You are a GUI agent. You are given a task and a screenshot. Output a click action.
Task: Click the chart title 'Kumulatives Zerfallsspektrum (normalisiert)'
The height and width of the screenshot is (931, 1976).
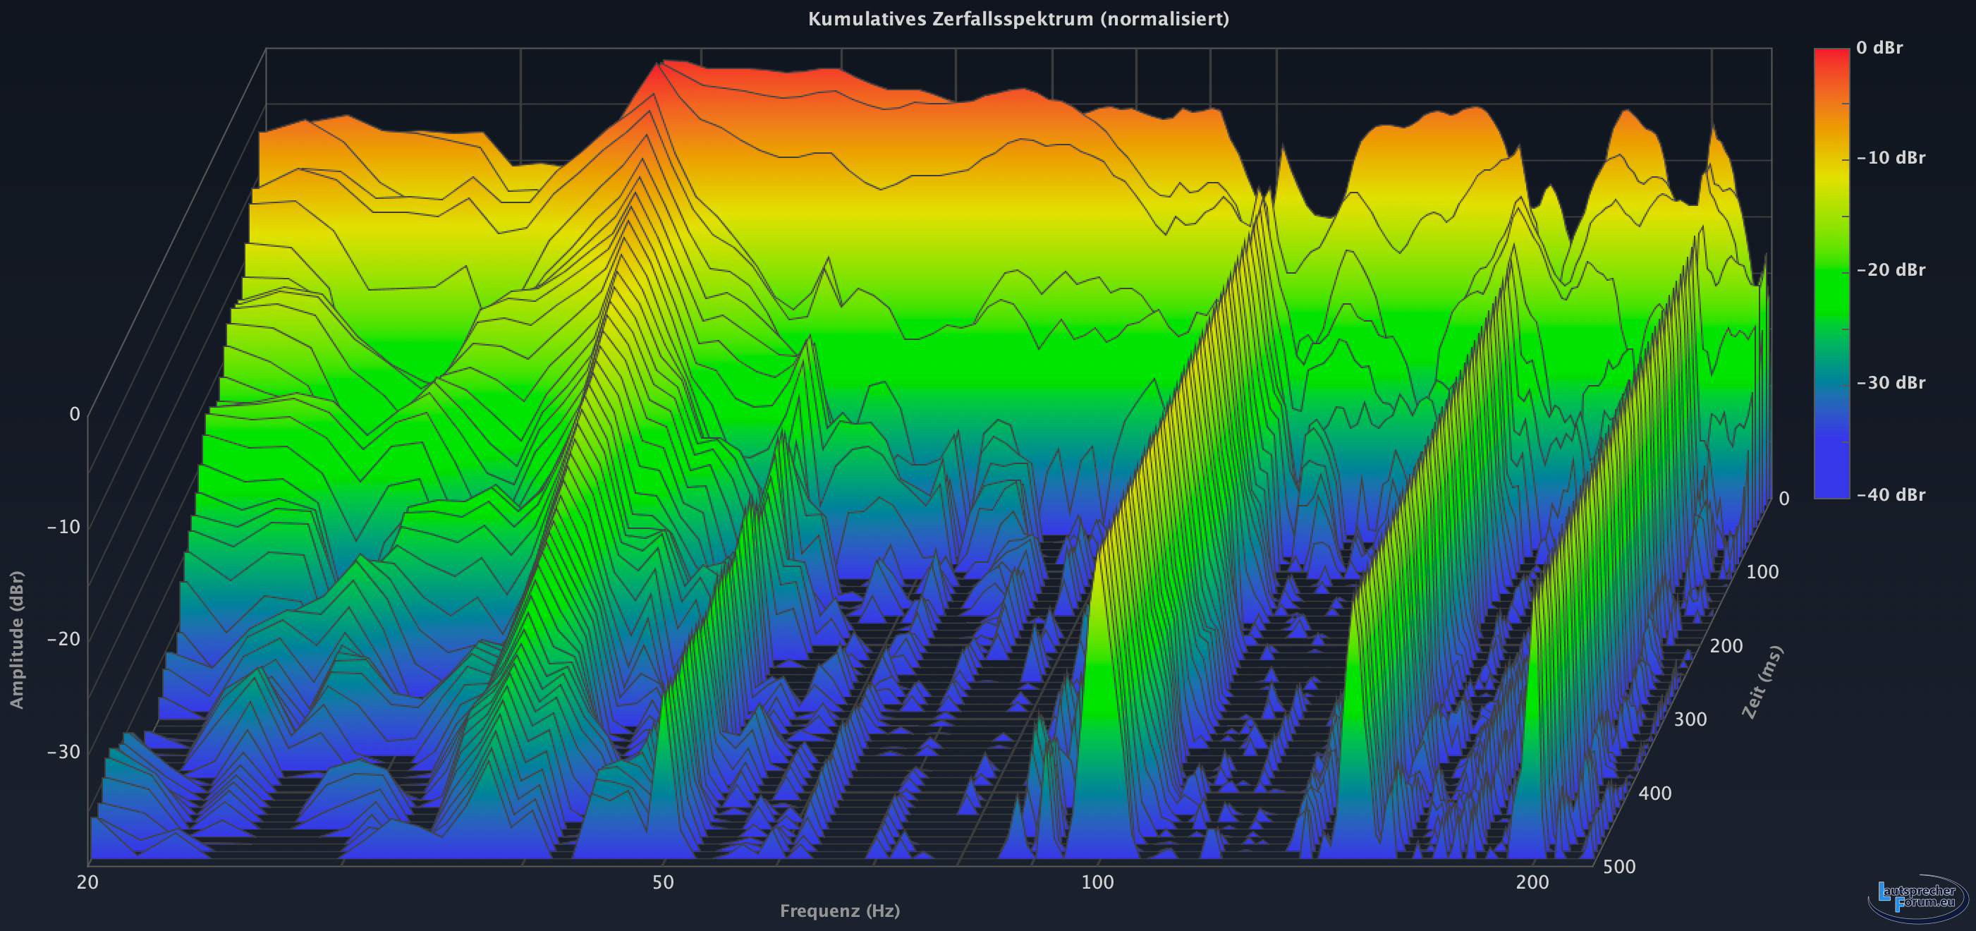1018,19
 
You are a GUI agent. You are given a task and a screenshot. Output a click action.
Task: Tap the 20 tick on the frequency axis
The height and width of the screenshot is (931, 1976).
87,882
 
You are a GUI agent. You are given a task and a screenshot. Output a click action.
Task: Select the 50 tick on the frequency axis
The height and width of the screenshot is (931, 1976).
663,882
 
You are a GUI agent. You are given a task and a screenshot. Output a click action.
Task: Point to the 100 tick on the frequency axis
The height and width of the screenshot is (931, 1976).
1097,882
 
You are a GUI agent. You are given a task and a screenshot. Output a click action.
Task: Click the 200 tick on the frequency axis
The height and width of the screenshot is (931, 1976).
1532,882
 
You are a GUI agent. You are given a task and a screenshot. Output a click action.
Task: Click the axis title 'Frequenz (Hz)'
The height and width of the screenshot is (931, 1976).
839,911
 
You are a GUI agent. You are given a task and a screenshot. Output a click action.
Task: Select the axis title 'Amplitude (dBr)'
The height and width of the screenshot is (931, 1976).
17,639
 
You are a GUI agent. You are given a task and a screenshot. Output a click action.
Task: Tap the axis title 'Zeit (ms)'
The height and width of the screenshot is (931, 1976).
1762,682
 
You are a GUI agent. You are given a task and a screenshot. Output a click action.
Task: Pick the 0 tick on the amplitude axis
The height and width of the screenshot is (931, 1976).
75,414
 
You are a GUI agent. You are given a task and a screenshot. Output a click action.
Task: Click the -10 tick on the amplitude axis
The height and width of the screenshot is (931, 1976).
63,526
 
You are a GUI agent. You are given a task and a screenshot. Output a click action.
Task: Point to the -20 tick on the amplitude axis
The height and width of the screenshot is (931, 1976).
63,638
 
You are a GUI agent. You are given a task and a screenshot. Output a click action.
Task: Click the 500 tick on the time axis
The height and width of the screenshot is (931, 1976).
1618,867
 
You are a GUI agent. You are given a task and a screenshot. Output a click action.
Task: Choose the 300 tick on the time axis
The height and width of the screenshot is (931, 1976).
1690,719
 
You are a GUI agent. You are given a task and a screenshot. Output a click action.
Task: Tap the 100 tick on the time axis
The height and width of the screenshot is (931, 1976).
1762,571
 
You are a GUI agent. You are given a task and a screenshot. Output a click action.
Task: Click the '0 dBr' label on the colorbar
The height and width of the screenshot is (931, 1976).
1879,47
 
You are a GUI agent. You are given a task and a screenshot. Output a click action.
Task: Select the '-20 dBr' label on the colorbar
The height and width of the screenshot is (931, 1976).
1890,270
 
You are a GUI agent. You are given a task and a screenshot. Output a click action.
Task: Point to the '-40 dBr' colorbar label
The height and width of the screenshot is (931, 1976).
1890,494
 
